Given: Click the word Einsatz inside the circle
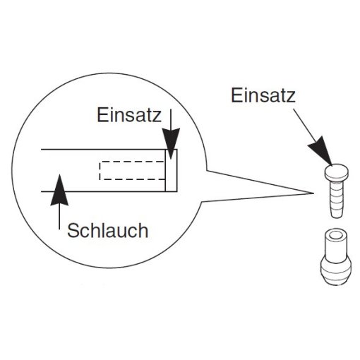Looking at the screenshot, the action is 129,115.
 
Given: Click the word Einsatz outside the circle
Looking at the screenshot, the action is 263,95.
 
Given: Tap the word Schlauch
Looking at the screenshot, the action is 107,230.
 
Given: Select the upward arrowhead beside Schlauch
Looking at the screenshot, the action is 59,190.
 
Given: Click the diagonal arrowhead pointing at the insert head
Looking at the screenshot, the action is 321,152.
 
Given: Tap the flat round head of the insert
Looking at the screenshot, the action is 336,173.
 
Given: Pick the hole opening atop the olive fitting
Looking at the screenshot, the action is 337,235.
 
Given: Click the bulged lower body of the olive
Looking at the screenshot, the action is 336,270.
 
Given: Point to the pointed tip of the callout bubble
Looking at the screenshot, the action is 313,193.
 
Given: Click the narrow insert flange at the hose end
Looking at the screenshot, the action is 171,170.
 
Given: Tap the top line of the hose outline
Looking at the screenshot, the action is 109,149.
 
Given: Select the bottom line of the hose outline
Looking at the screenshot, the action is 109,191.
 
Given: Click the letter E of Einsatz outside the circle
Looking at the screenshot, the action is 236,95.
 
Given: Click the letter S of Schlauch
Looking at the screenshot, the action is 73,231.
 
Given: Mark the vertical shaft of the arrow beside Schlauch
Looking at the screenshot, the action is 59,217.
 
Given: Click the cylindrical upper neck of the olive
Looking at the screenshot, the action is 336,244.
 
